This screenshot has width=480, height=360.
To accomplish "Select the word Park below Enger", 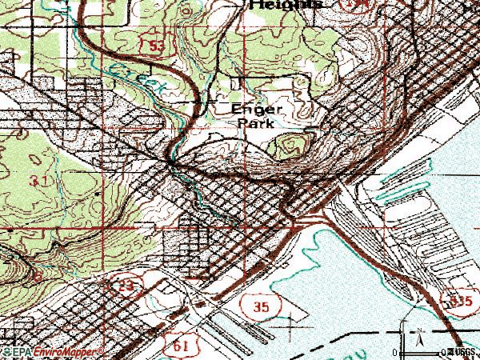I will point(254,123).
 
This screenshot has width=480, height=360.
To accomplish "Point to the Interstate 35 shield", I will point(254,303).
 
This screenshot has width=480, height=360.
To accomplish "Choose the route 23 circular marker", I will point(126,285).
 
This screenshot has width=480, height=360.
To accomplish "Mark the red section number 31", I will point(37,181).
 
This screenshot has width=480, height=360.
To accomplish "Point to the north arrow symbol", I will point(418,339).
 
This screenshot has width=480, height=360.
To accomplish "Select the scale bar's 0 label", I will point(394,352).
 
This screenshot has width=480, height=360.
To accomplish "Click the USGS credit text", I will point(462,352).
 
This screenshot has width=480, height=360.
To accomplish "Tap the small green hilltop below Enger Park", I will point(290,146).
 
